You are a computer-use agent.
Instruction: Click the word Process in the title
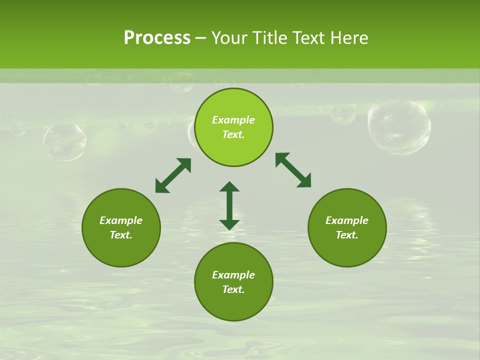157,38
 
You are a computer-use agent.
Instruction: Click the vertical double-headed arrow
229,205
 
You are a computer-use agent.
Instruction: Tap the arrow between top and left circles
173,175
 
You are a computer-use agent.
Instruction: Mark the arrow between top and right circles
293,170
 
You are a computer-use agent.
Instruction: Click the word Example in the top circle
233,120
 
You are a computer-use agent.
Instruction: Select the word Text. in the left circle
121,235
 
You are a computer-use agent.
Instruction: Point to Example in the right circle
347,220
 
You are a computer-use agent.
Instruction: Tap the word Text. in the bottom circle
233,289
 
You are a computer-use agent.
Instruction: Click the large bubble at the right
399,127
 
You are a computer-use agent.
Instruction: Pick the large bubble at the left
64,142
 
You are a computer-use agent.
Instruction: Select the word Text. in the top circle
233,134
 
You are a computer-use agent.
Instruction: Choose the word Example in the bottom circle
233,275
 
